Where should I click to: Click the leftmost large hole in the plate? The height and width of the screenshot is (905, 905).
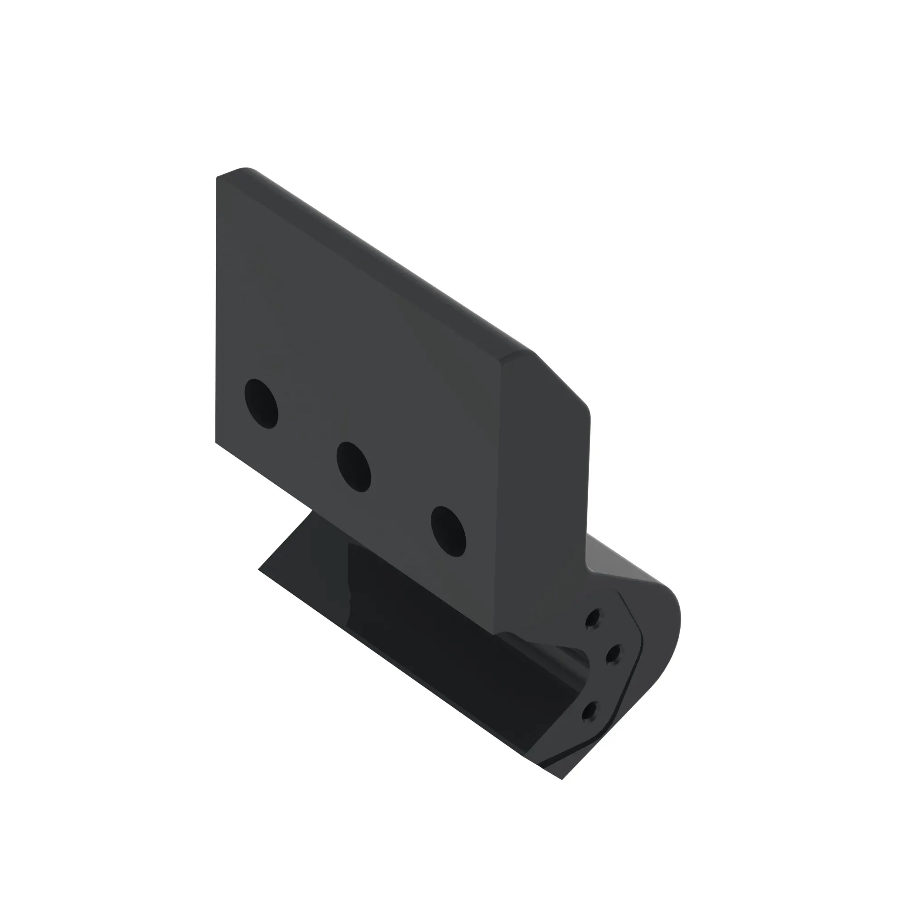coord(262,403)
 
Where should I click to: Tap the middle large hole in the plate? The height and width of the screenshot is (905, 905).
coord(354,467)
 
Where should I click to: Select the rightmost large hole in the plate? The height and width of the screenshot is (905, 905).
coord(448,531)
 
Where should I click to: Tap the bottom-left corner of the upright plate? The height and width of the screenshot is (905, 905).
coord(216,442)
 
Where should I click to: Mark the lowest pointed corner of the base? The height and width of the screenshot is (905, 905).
coord(562,779)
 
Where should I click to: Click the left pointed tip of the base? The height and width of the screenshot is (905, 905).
coord(259,569)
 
